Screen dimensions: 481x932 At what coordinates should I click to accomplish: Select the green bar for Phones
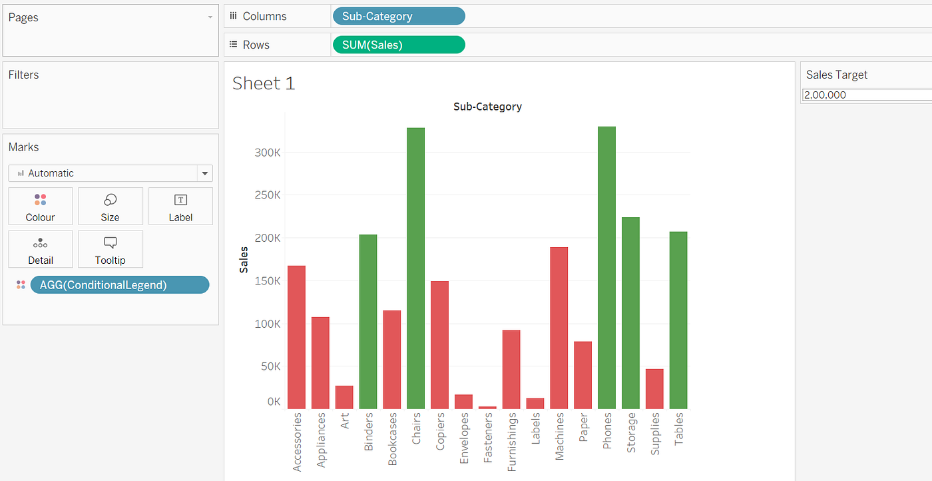(606, 267)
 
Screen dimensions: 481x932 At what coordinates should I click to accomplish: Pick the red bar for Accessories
(296, 337)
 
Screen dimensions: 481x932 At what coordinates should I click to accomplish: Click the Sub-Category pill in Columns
(398, 16)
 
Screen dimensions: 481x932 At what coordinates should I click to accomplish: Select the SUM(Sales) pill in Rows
(398, 45)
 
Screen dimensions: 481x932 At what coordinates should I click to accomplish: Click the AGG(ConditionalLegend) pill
(120, 285)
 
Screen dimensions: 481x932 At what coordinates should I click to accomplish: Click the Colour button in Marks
(41, 206)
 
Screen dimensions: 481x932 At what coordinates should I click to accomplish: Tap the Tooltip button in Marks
(111, 249)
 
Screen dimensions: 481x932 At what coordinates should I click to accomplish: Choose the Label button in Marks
(180, 206)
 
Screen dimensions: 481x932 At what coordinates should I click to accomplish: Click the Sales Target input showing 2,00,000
(865, 95)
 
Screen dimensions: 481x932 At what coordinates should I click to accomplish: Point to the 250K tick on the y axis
(268, 195)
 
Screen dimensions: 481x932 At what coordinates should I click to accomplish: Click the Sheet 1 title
(264, 83)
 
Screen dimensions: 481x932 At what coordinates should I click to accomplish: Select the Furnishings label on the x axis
(512, 442)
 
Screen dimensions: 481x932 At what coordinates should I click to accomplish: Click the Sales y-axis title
(244, 259)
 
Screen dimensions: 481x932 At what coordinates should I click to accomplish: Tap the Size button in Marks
(111, 206)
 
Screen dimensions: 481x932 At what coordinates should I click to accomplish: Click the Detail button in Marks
(41, 249)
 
